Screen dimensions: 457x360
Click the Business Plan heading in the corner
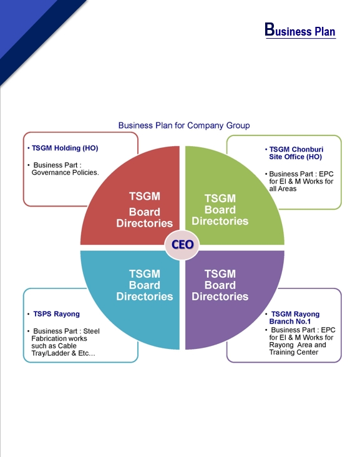click(300, 30)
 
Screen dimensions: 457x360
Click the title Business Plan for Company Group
click(184, 125)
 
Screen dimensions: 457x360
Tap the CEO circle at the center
click(182, 245)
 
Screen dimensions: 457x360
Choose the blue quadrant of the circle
click(125, 300)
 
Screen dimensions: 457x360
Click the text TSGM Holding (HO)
click(65, 149)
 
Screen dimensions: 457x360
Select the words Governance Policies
click(65, 172)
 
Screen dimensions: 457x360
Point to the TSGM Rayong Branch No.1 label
click(295, 318)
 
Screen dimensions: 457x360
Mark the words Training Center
click(293, 352)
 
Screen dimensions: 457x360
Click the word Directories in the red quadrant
click(144, 223)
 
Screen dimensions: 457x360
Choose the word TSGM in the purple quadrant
click(220, 274)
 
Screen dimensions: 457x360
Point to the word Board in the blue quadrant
click(144, 285)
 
